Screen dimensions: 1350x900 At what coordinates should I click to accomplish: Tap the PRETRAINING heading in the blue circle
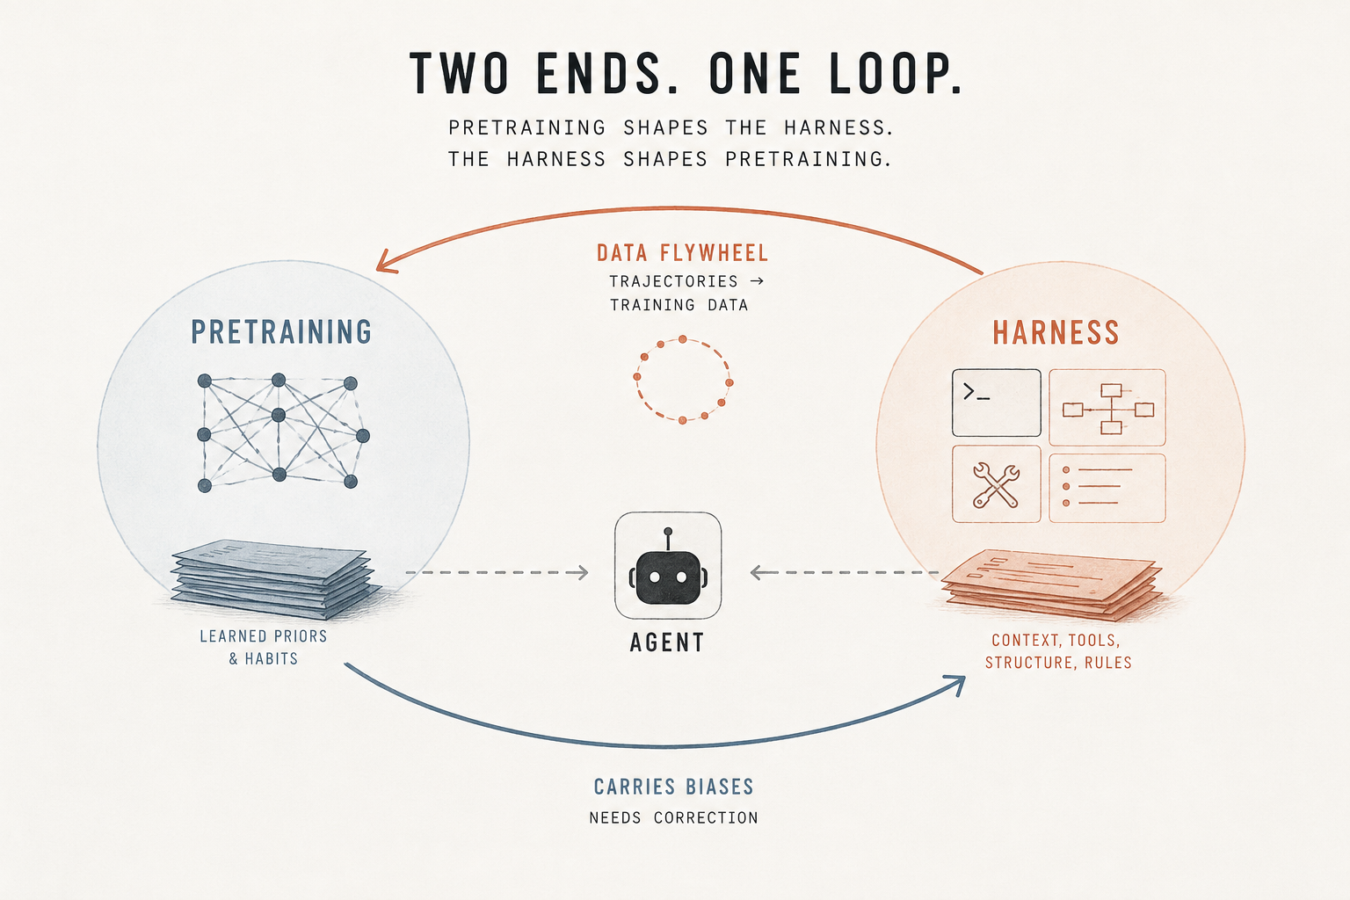281,332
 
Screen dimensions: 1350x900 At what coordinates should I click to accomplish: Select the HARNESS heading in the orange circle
1056,333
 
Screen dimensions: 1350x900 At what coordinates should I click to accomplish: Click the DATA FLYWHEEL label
682,252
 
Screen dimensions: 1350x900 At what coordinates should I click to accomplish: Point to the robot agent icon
668,565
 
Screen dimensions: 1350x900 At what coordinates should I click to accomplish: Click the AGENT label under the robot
667,642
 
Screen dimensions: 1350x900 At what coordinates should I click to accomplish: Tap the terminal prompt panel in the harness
996,403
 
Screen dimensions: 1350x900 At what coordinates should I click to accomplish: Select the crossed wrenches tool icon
996,484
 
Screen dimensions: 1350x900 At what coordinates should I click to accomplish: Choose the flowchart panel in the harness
1107,408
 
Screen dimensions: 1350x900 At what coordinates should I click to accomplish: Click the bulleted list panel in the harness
1107,488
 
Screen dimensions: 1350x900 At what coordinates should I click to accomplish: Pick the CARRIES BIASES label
674,787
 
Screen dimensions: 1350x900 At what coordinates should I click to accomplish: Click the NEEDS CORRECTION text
674,818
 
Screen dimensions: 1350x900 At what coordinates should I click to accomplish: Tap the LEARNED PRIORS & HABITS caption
264,648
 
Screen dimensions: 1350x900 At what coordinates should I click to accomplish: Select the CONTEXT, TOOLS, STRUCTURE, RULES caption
1058,651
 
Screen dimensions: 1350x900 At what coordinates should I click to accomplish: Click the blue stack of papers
275,578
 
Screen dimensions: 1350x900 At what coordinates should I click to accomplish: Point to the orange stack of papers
1052,584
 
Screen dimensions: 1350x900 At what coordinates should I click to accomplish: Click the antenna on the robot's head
668,540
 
